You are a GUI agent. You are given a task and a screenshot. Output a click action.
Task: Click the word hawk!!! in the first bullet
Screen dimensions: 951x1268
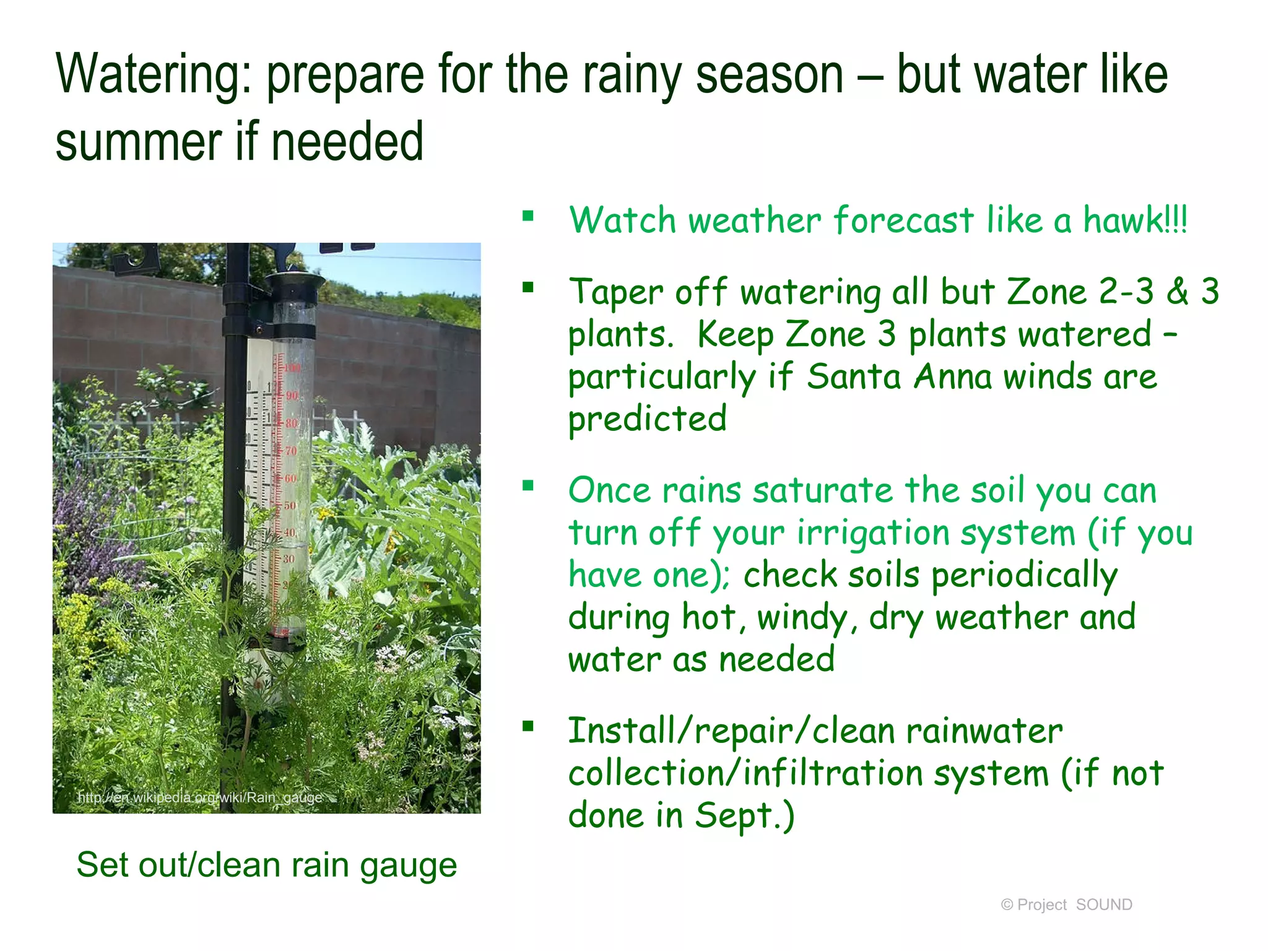1134,220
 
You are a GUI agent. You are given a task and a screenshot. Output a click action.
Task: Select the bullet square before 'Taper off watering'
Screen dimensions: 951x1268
528,287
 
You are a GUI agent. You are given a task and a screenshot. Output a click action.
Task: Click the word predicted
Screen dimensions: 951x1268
647,419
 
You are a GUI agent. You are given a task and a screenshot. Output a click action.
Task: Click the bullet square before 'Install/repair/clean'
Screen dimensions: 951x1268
528,726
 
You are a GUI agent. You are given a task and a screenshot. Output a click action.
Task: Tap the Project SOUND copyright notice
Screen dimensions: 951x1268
1066,905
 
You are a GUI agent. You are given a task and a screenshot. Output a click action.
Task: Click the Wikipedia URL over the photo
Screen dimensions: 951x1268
200,797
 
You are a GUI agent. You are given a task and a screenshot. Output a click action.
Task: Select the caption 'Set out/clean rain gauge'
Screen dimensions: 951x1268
266,864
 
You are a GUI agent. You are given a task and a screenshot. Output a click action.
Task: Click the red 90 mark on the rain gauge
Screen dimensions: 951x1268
292,395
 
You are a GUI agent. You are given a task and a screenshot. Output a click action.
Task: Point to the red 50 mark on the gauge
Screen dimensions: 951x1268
290,505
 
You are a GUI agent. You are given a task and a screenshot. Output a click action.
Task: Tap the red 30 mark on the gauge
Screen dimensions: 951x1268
289,558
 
